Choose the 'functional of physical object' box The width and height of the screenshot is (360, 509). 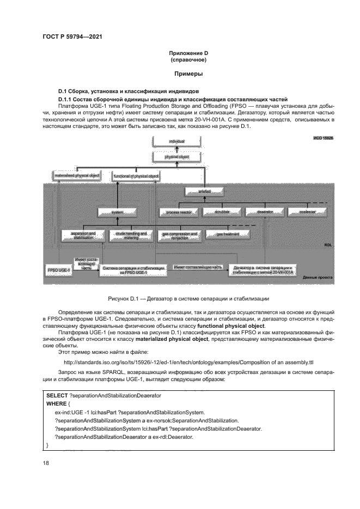point(136,176)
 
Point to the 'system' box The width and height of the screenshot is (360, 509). point(118,212)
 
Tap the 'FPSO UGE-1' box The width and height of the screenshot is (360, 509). point(58,269)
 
